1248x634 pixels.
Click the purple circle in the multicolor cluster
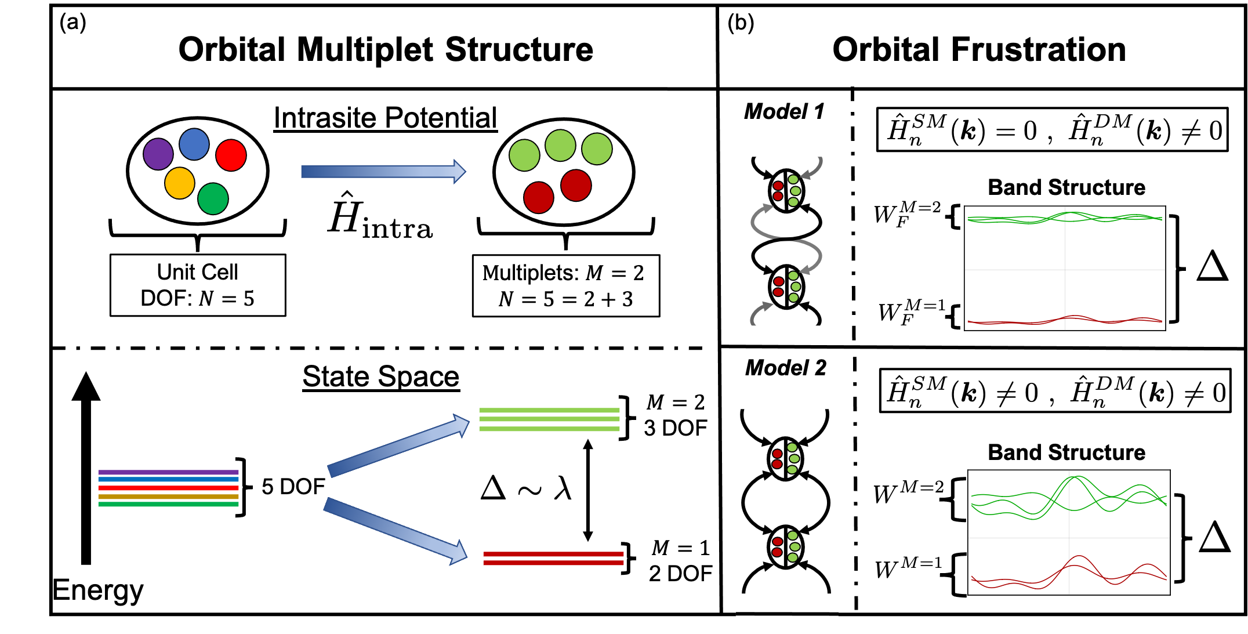[158, 154]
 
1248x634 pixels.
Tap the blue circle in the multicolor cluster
[194, 144]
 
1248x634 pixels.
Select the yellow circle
[180, 183]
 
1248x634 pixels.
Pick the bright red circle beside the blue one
[231, 155]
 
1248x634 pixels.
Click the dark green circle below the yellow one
[213, 199]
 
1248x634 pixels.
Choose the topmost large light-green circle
[560, 146]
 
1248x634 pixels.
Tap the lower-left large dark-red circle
[539, 198]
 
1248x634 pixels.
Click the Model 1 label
[784, 111]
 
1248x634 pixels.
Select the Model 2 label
[786, 368]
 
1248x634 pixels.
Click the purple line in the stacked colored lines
[168, 472]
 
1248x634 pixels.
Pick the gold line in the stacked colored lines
[168, 497]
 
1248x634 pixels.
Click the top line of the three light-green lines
[549, 410]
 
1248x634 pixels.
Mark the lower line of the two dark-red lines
[553, 563]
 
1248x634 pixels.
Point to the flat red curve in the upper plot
[1021, 322]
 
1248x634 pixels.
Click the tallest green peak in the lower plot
[1076, 478]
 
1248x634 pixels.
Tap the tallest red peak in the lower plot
[1078, 557]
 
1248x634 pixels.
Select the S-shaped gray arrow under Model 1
[786, 238]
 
